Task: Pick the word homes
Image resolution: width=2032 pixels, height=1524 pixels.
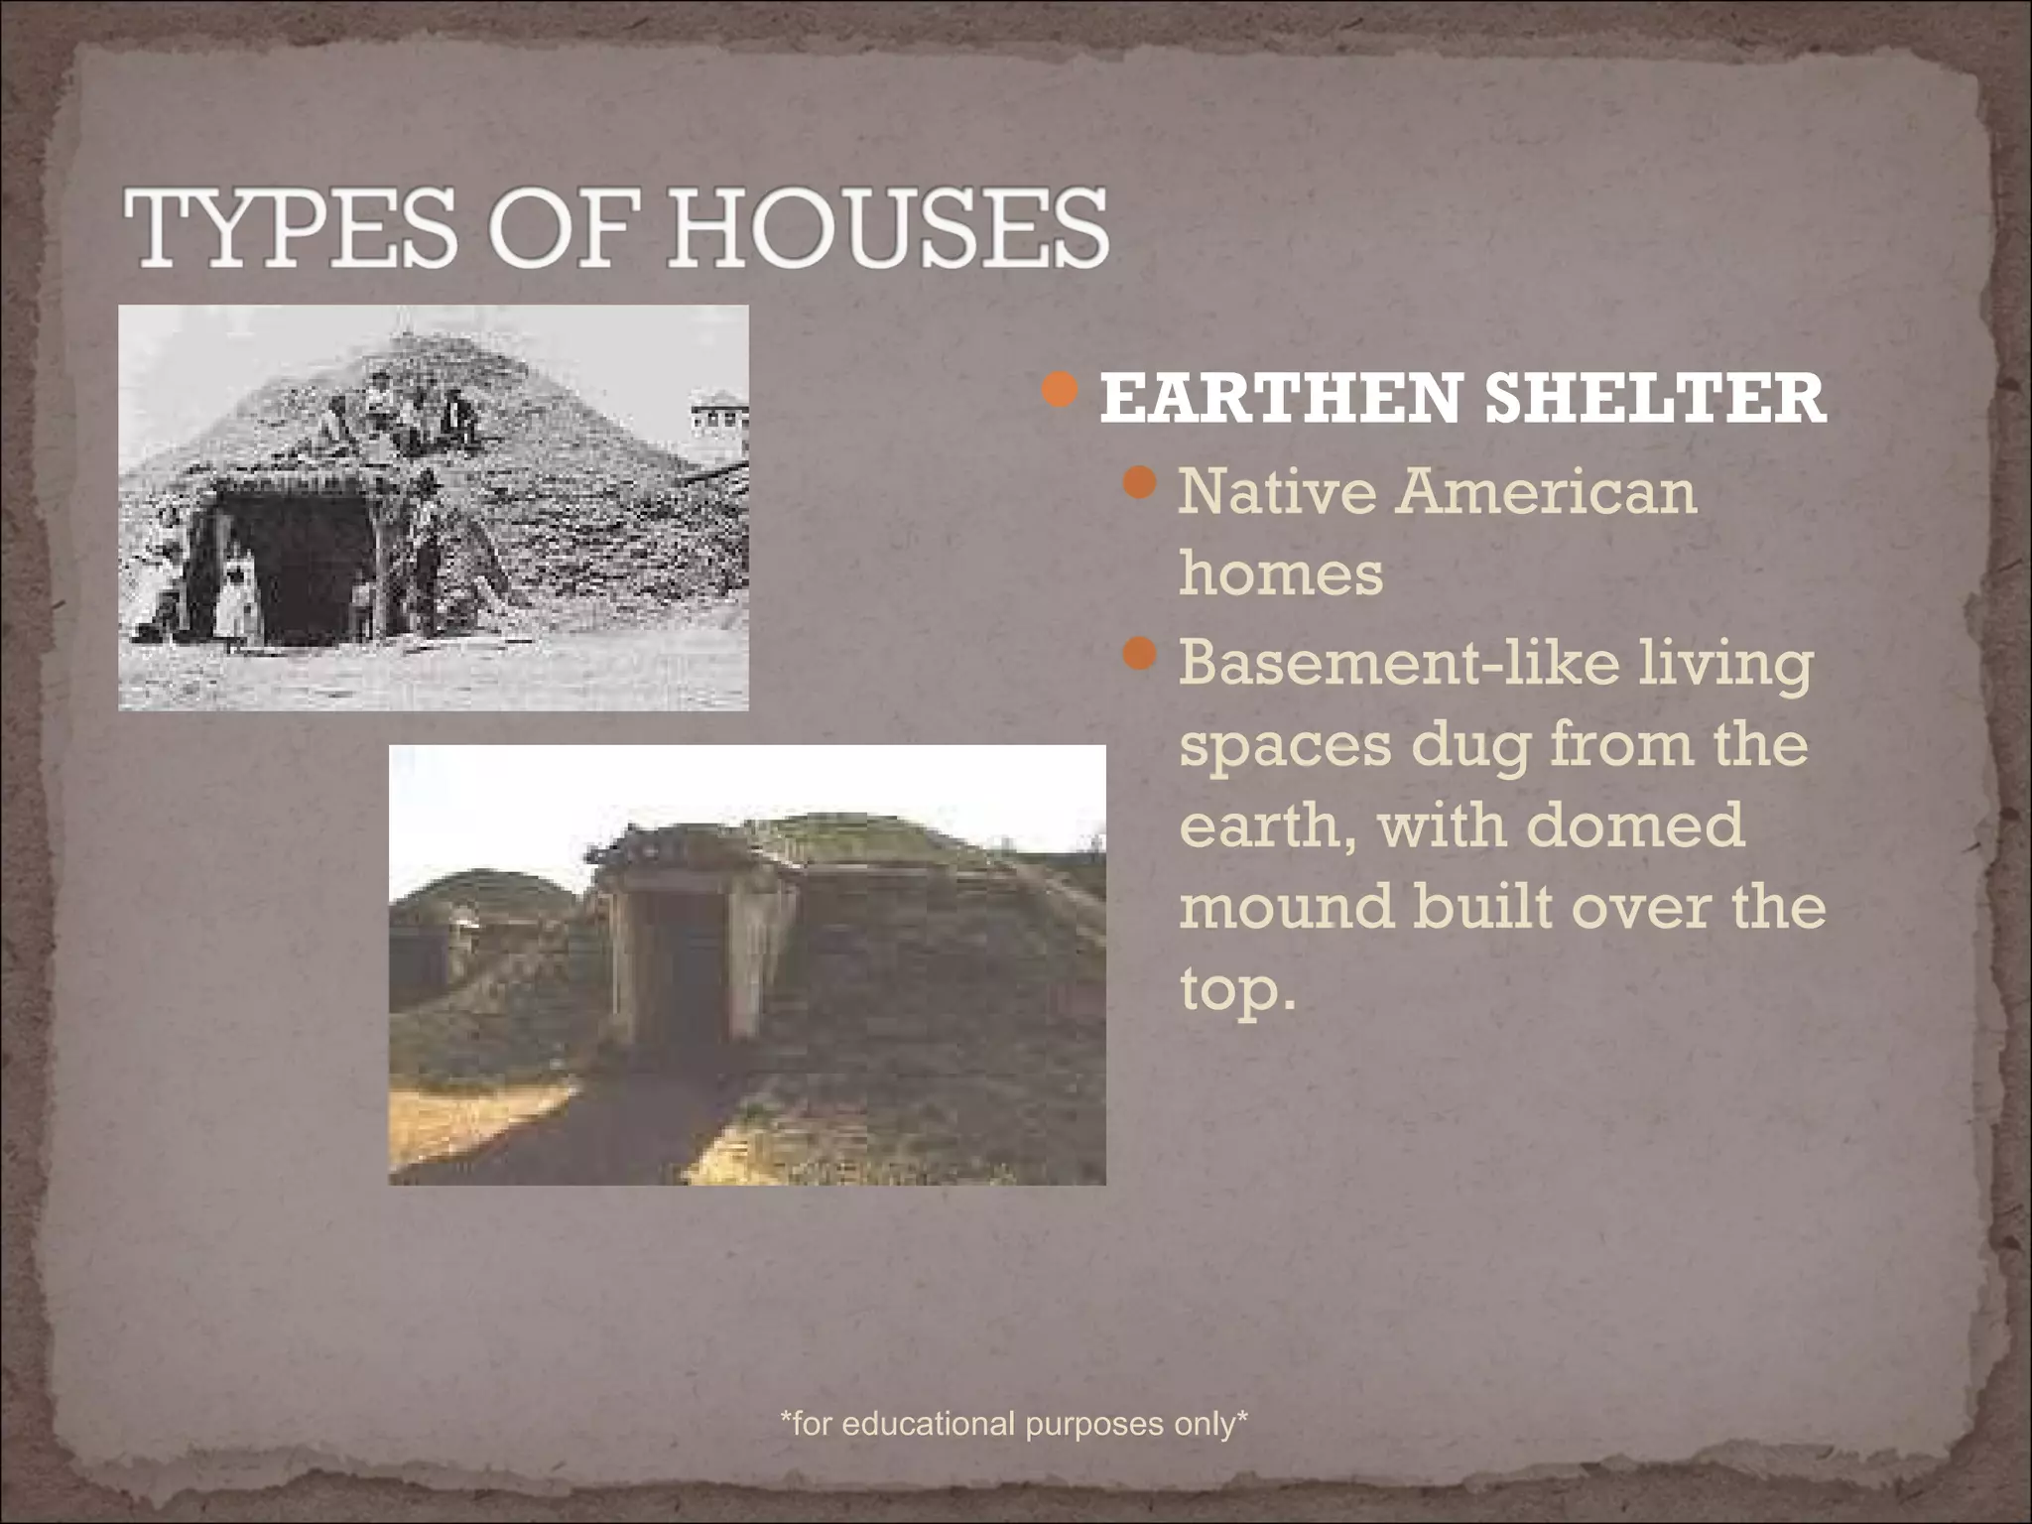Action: pos(1281,573)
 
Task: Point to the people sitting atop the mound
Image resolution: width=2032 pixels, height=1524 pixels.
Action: pos(407,412)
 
